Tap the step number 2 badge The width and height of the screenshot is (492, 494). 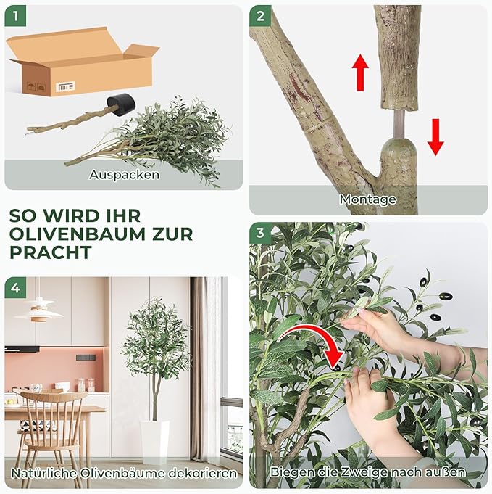tap(260, 15)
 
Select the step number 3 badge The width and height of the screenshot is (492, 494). tap(260, 233)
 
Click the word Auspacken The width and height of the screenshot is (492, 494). tap(124, 175)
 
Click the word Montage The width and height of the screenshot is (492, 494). tap(368, 199)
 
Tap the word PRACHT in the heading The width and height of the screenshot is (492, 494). tap(51, 252)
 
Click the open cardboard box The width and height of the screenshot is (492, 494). tap(82, 64)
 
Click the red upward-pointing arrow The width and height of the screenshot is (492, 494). tap(360, 72)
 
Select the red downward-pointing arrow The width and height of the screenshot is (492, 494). tap(435, 136)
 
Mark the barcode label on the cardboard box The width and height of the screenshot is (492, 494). tap(65, 87)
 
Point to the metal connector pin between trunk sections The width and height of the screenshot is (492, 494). tap(398, 125)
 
